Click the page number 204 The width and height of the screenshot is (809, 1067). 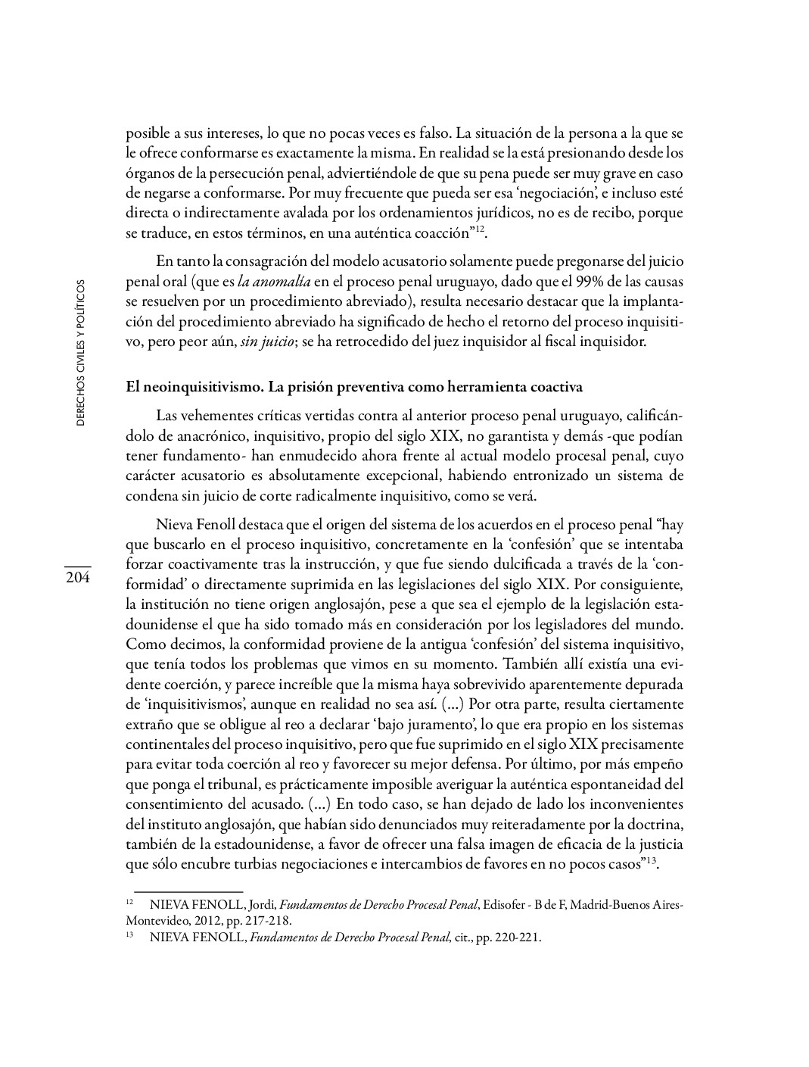click(77, 578)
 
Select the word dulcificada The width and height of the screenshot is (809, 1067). click(522, 565)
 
